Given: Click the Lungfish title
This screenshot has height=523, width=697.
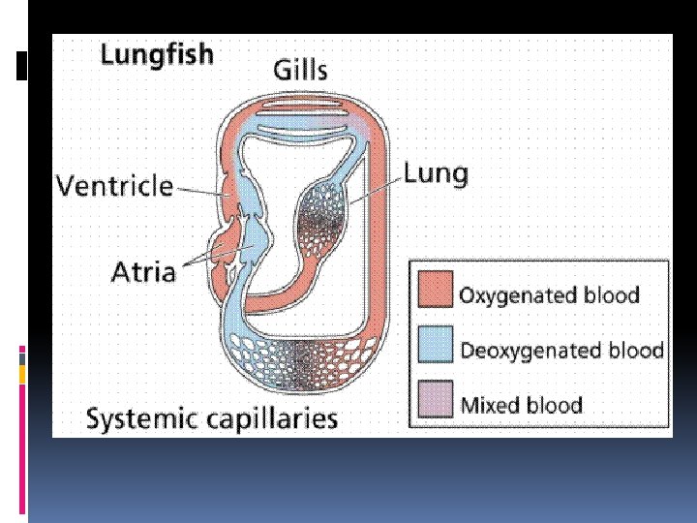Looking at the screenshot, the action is (157, 55).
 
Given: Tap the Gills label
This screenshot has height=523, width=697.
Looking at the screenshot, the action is (299, 69).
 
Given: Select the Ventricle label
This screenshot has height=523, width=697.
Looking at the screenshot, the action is (114, 185).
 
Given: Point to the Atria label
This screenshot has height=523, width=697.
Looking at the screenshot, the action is (144, 270).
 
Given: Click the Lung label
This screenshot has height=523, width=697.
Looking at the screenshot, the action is (435, 174).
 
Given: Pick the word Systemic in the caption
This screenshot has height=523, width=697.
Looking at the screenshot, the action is (145, 419).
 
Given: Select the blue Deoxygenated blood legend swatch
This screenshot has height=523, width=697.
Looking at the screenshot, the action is (435, 346).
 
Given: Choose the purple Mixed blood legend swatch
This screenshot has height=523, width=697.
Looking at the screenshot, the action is (435, 400).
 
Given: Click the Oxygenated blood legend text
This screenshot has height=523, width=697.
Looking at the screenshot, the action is (549, 294).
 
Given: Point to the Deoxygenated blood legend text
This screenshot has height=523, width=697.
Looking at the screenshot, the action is (561, 350).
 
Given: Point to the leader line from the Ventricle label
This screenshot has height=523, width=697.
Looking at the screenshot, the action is (200, 192).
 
